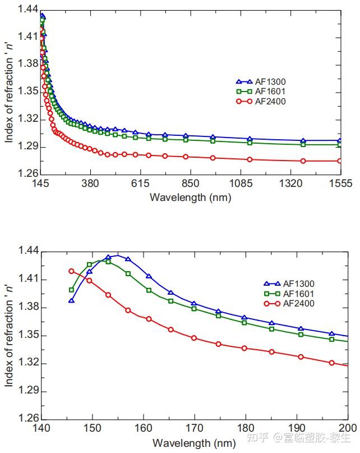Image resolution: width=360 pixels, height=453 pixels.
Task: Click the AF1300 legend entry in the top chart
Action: pyautogui.click(x=270, y=82)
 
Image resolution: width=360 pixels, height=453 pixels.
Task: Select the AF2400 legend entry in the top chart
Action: pyautogui.click(x=270, y=102)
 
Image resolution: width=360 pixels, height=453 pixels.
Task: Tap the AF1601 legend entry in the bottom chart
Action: pyautogui.click(x=297, y=294)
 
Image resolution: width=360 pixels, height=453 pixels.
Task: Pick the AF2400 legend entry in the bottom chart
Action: pyautogui.click(x=297, y=304)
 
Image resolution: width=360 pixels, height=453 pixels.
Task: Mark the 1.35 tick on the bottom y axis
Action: pyautogui.click(x=28, y=336)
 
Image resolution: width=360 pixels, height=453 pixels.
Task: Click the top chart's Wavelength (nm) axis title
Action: pyautogui.click(x=191, y=197)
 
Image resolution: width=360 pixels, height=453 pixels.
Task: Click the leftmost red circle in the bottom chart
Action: pyautogui.click(x=71, y=271)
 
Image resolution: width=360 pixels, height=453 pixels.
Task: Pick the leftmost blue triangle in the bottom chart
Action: pyautogui.click(x=71, y=301)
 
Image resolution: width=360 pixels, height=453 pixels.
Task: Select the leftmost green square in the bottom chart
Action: pyautogui.click(x=71, y=290)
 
